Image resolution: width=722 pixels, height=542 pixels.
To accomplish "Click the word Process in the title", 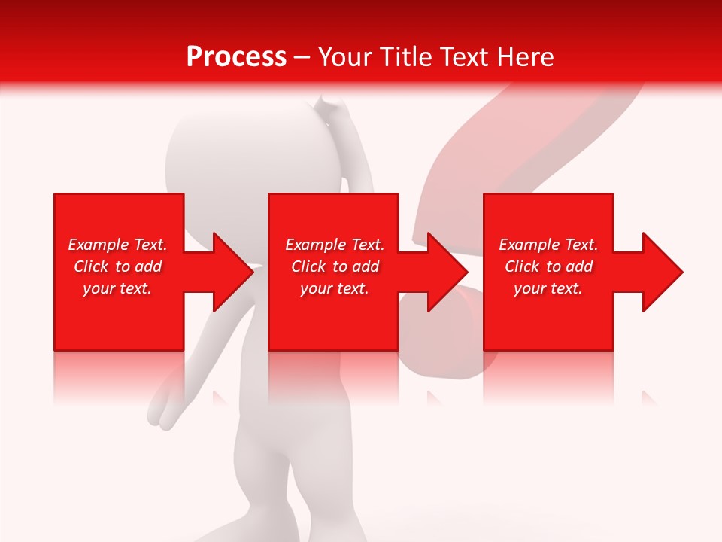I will pos(236,57).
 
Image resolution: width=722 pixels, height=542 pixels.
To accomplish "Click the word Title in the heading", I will pos(402,57).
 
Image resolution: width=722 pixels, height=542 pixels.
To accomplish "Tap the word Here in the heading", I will pos(525,57).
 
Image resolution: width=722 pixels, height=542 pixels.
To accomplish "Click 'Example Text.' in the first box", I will pos(117,245).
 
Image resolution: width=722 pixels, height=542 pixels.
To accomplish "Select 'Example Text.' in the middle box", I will pos(335,245).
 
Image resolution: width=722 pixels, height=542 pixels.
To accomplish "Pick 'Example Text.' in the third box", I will pos(548,245).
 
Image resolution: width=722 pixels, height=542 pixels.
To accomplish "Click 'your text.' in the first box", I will pos(117,288).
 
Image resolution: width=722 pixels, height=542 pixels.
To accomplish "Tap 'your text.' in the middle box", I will pos(335,288).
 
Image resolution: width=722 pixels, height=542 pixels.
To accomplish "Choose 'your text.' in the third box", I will pos(548,288).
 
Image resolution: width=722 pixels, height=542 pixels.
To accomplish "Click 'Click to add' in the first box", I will pos(117,266).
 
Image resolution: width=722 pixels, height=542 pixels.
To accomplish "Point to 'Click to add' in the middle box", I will pos(335,266).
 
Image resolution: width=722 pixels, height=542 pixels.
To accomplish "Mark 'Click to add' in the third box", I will pos(548,266).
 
